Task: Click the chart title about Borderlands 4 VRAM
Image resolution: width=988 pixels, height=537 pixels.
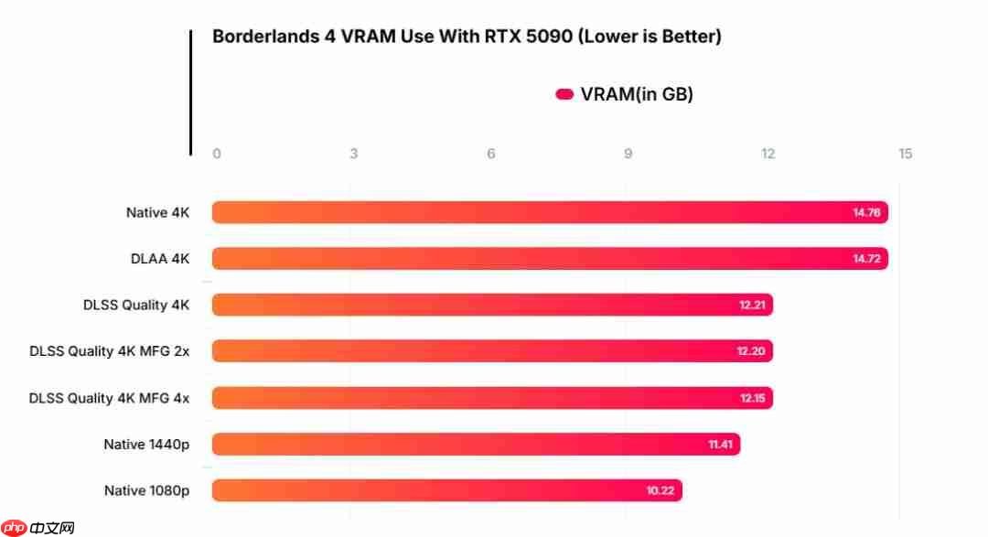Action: coord(467,37)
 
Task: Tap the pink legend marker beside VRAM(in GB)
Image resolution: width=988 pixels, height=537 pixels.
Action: coord(564,94)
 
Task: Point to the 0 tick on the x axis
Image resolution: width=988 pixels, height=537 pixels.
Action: coord(217,154)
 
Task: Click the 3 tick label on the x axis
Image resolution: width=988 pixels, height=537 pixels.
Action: coord(354,154)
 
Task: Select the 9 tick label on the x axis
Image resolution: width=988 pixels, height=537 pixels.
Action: coord(628,154)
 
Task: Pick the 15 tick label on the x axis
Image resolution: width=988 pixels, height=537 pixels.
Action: coord(905,154)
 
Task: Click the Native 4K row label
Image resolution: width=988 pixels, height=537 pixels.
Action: coord(157,212)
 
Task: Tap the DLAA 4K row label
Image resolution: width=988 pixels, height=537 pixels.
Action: coord(160,259)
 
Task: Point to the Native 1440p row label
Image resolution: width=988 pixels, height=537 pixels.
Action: coord(146,445)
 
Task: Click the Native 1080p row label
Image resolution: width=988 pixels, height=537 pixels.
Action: coord(146,491)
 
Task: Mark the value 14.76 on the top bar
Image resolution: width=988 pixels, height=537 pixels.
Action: coord(866,212)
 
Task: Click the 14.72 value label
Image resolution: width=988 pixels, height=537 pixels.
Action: coord(866,259)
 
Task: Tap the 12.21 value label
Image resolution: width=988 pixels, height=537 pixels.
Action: coord(752,305)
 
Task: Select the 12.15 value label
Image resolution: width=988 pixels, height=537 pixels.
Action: coord(752,398)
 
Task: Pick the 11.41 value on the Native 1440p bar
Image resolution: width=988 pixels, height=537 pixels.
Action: coord(720,445)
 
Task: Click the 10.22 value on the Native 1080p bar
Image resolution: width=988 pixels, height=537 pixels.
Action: coord(660,491)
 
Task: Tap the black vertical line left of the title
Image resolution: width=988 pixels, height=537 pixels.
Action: coord(191,91)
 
